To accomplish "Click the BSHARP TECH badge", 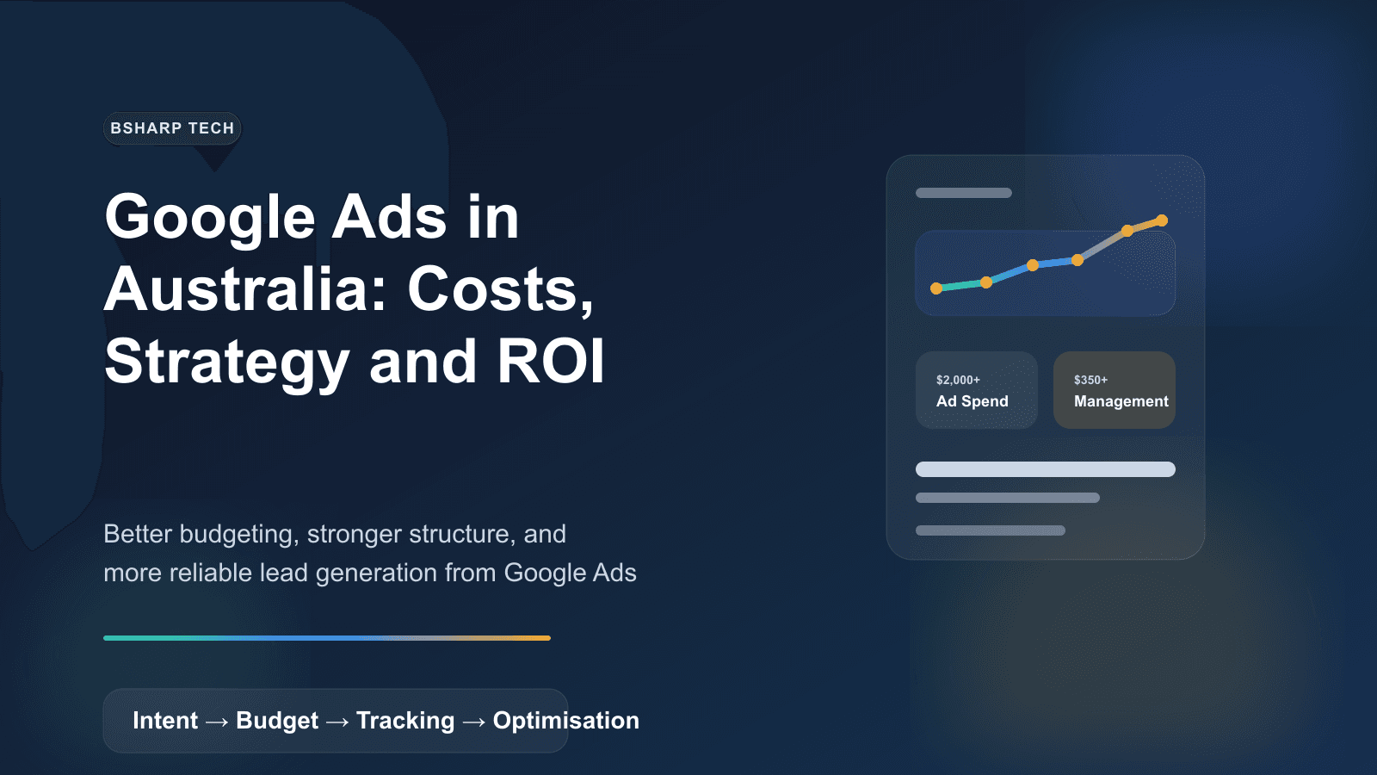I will (172, 128).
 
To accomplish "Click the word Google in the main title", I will (210, 217).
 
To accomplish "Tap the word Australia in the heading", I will (246, 289).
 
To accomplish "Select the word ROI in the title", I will (551, 361).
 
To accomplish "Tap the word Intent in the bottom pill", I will (165, 721).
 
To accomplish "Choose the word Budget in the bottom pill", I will (277, 721).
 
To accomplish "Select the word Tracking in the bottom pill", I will (405, 721).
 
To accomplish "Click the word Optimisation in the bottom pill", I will (565, 721).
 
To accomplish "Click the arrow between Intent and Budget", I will (217, 722).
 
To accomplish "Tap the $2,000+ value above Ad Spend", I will (958, 380).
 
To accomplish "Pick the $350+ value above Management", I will (1090, 380).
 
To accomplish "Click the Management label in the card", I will (1121, 401).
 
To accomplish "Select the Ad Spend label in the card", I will (972, 401).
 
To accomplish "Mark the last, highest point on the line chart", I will (1162, 220).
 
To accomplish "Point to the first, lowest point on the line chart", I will (936, 288).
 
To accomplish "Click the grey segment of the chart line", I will (1102, 245).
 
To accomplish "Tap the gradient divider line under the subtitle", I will (327, 638).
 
